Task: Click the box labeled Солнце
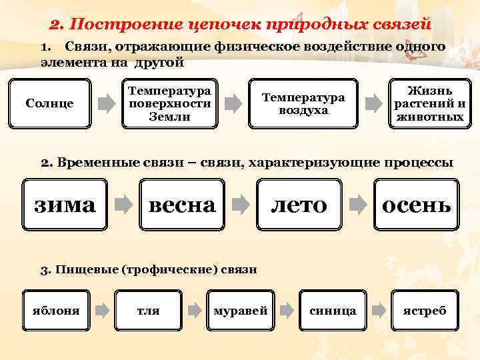coord(49,103)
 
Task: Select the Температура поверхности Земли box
coord(169,103)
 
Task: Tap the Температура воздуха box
coord(303,103)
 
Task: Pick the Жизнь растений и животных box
coord(429,103)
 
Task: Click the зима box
coord(65,204)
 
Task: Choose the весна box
coord(182,204)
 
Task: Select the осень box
coord(416,204)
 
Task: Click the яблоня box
coord(57,310)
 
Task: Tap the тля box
coord(148,310)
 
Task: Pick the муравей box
coord(240,310)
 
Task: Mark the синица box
coord(333,310)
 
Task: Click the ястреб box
coord(425,310)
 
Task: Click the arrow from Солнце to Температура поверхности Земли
coord(107,103)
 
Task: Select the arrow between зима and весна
coord(123,204)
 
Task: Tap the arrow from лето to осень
coord(358,204)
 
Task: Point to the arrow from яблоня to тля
coord(102,310)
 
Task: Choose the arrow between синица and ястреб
coord(378,310)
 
